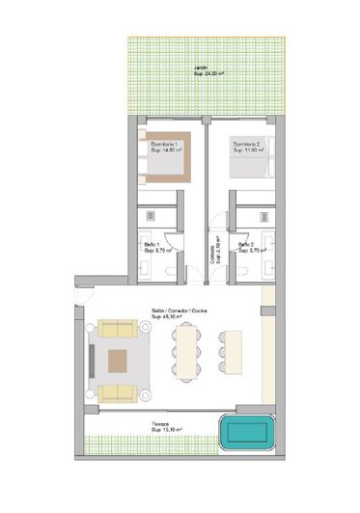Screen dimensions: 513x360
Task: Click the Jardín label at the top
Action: point(201,67)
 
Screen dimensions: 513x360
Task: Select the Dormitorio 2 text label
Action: point(248,145)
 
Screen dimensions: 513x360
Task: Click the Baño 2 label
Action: point(246,245)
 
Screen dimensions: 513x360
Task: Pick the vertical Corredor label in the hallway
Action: point(212,253)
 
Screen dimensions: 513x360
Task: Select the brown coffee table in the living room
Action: point(119,361)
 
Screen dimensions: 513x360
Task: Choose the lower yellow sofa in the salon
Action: point(117,392)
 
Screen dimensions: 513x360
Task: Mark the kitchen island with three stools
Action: point(233,351)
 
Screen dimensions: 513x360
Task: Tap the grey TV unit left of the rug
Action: point(90,360)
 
